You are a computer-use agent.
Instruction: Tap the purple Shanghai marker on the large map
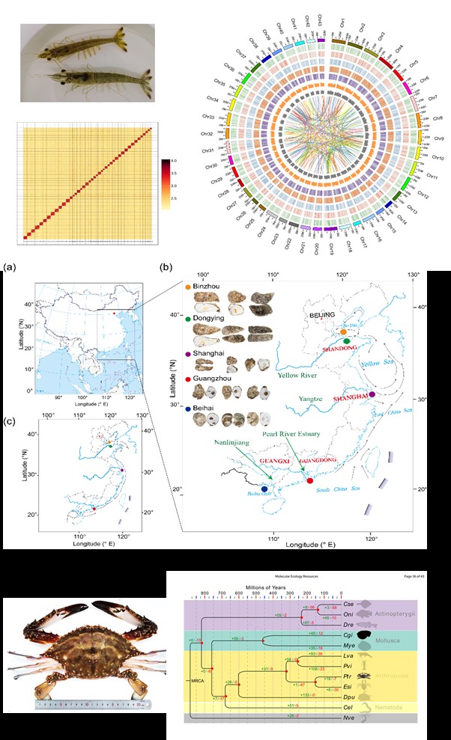372,394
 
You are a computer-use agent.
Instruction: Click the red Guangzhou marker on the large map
310,480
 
